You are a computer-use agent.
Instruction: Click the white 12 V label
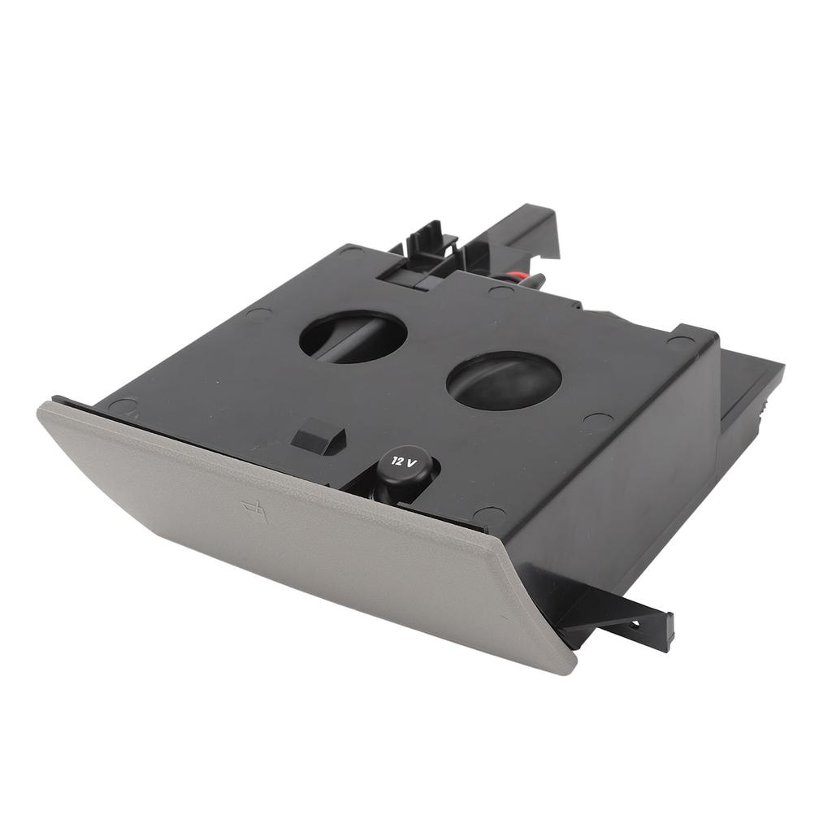pyautogui.click(x=404, y=461)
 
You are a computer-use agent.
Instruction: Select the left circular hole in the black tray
pyautogui.click(x=353, y=336)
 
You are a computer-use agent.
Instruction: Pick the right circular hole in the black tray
pyautogui.click(x=504, y=380)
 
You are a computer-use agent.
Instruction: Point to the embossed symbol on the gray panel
pyautogui.click(x=253, y=510)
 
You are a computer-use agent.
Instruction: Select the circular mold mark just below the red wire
pyautogui.click(x=500, y=291)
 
